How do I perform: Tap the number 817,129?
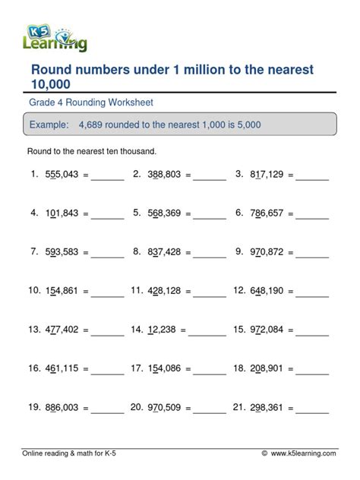265,174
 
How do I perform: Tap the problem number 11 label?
137,290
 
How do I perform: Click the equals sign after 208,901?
289,369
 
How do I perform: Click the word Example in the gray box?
48,124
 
